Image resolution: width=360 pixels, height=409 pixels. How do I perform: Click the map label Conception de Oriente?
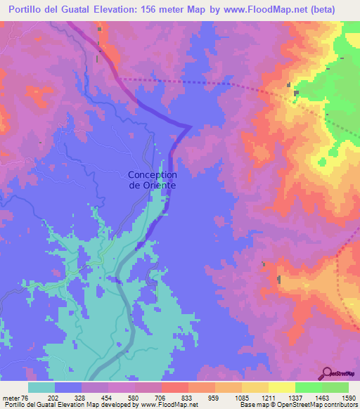tap(152, 180)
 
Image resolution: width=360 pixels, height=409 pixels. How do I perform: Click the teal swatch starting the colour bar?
tap(41, 387)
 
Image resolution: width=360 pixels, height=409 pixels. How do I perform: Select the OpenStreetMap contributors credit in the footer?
tap(316, 405)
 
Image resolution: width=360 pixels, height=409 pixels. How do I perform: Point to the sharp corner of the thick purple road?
tap(191, 126)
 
